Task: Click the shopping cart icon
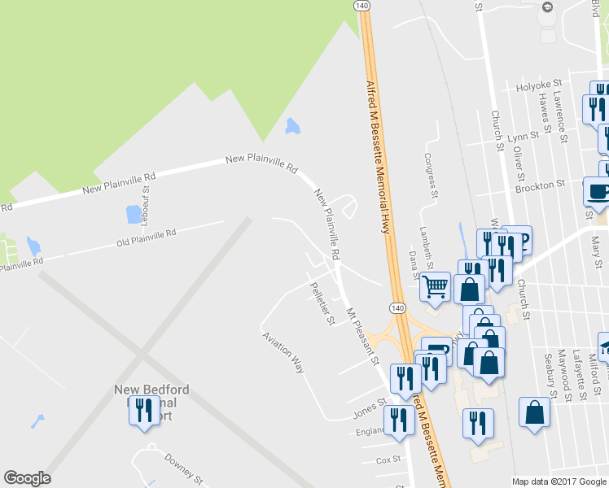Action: pos(436,285)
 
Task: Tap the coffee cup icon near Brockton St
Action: pos(598,192)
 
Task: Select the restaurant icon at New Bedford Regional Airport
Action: pos(144,409)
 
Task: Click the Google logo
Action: pos(27,478)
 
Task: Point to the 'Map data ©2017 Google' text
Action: pos(559,481)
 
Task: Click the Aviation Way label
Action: pos(283,352)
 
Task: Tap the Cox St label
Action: pos(388,460)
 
